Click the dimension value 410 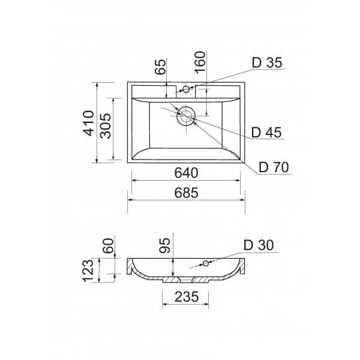[x=89, y=123]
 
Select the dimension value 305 [x=106, y=126]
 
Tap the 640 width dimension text [x=186, y=173]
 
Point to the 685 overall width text [x=186, y=193]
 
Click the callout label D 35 [x=267, y=62]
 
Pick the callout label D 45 [x=266, y=133]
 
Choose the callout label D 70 [x=274, y=167]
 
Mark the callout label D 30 [x=259, y=245]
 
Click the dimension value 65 [x=160, y=67]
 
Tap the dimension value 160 [x=200, y=62]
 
